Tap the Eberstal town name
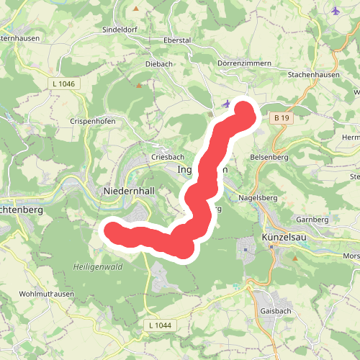coord(177,40)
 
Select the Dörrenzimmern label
coord(244,63)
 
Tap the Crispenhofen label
coord(94,122)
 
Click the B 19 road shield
coord(281,117)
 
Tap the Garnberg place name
coord(311,219)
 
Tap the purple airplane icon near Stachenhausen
coord(336,10)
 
